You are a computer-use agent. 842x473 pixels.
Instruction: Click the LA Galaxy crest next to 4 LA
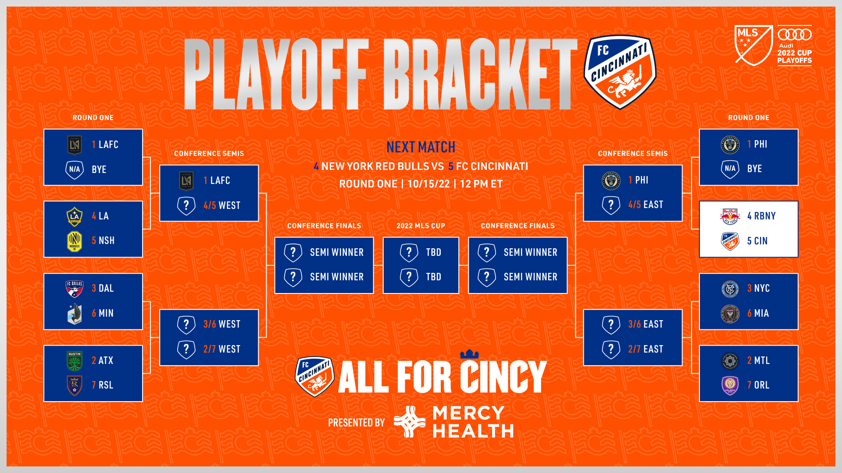tap(75, 216)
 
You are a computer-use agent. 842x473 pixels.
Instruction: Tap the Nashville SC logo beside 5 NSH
tap(75, 241)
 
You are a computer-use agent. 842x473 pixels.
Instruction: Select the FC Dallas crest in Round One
tap(75, 289)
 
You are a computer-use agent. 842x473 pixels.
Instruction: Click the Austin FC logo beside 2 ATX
tap(75, 360)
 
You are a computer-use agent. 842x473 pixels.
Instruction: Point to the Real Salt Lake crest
tap(75, 385)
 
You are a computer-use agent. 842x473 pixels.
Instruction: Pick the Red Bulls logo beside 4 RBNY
tap(730, 216)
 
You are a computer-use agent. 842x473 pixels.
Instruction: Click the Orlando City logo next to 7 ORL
tap(730, 385)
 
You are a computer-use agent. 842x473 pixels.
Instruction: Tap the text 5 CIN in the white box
tap(757, 241)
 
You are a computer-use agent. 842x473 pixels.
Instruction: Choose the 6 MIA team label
tap(758, 313)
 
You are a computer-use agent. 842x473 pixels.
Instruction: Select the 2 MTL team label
tap(759, 360)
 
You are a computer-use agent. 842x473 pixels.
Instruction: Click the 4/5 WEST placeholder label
tap(222, 205)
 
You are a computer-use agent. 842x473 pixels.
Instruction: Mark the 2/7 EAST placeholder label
tap(646, 349)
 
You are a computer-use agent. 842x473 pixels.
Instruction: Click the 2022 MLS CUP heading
tap(421, 226)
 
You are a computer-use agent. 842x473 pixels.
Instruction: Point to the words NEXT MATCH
tap(421, 147)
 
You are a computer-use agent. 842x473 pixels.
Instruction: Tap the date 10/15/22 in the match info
tap(429, 184)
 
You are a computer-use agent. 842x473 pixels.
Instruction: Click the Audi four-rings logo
tap(795, 34)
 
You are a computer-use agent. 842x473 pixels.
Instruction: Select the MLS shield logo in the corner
tap(754, 45)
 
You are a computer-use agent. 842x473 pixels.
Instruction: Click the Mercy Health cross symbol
tap(410, 422)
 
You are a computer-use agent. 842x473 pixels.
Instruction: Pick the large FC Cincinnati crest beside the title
tap(620, 72)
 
